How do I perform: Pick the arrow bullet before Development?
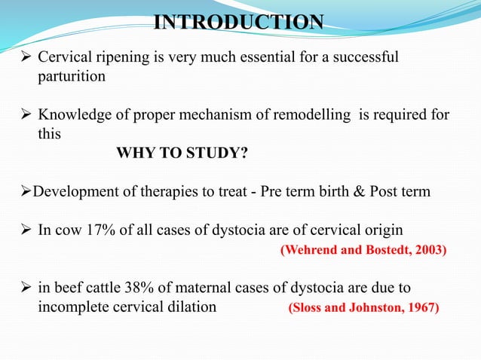[x=20, y=191]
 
